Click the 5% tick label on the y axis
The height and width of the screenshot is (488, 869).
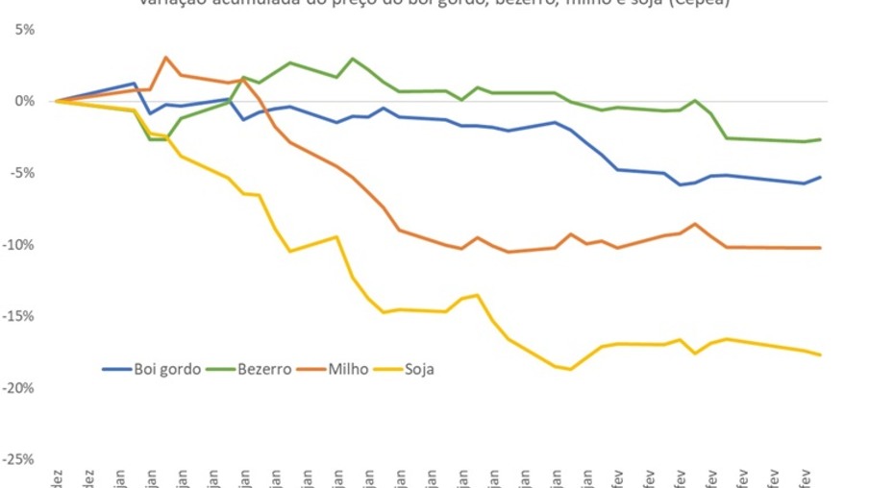pos(24,30)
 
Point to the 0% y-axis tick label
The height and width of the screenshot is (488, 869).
pos(24,101)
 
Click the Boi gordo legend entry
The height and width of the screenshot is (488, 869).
pos(167,368)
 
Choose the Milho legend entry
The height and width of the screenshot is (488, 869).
pos(348,368)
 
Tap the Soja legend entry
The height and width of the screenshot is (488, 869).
pos(419,368)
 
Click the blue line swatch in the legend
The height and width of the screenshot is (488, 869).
pos(117,368)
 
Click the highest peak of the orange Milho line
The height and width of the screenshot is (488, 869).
pos(166,58)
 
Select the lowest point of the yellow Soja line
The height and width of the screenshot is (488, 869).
pos(572,369)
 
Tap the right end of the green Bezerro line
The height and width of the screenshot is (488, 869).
pos(820,139)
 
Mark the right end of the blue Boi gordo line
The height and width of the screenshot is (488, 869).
pos(820,177)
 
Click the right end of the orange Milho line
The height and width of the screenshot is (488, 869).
pos(820,248)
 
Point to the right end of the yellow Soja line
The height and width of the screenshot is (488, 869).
pos(820,354)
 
